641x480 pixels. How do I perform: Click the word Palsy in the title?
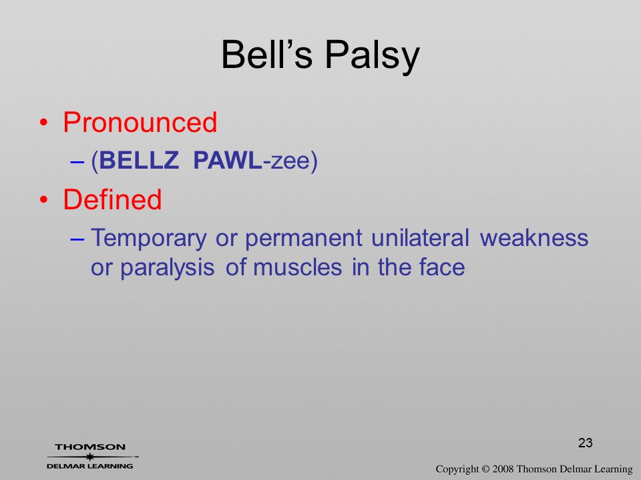pos(373,56)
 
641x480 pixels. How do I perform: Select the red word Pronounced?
pos(140,122)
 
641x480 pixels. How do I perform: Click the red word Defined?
pos(112,199)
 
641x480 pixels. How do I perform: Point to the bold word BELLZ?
pos(139,160)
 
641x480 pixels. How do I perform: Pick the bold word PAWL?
pos(227,160)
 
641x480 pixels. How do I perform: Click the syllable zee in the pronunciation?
pos(290,161)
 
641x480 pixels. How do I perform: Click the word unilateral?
pos(420,237)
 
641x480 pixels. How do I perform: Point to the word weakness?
pos(534,237)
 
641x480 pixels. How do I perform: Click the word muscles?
pos(297,268)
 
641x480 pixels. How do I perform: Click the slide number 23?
pos(586,443)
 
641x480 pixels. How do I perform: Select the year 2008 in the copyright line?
pos(503,469)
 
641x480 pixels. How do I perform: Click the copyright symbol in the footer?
pos(485,469)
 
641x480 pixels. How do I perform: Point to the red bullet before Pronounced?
pos(44,123)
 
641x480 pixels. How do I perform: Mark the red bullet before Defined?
pos(44,199)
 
